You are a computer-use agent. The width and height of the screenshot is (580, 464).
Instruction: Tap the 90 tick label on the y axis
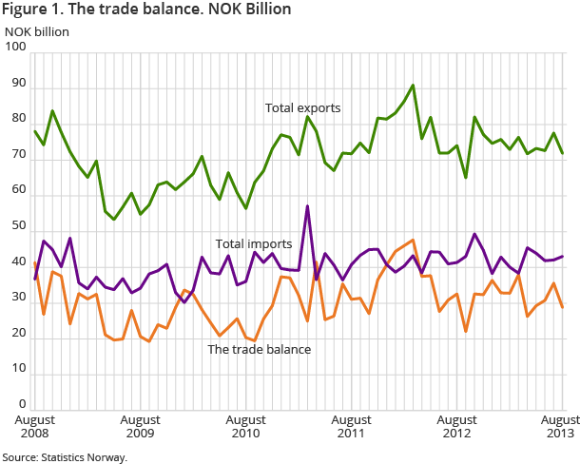point(17,88)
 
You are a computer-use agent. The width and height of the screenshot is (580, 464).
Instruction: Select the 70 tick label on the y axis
point(17,160)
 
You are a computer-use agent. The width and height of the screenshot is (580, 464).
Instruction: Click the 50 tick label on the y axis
point(17,232)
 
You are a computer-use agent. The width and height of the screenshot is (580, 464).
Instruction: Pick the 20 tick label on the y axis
point(17,339)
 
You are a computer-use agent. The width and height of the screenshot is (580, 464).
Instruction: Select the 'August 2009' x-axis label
point(140,426)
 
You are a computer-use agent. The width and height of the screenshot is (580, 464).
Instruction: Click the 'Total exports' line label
point(302,108)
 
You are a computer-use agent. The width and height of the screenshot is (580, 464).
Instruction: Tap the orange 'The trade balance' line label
point(260,349)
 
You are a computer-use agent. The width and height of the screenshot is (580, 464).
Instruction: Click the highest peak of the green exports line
point(412,86)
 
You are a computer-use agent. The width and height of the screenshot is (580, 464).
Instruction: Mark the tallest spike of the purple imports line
point(307,205)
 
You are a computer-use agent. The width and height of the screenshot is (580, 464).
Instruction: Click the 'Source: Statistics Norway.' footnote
point(65,456)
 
